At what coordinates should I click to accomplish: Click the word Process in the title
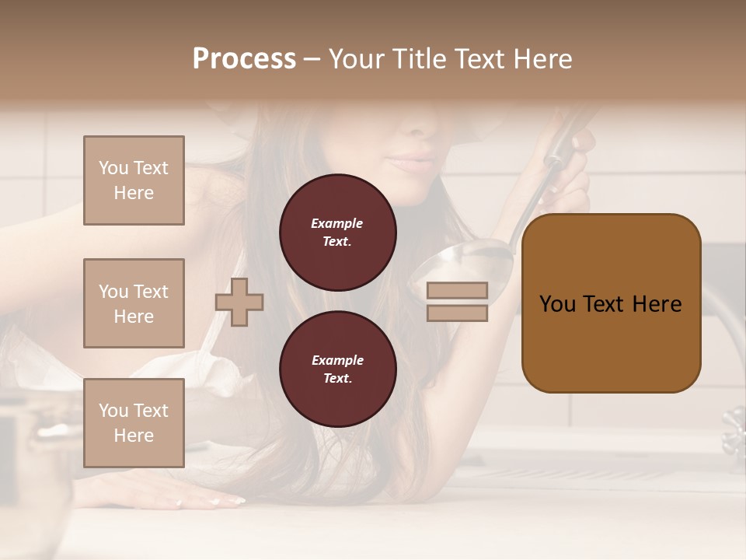[x=244, y=59]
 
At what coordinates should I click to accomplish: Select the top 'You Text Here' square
[x=134, y=180]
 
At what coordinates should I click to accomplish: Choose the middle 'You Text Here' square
[x=134, y=303]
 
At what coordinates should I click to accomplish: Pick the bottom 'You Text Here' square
[x=134, y=423]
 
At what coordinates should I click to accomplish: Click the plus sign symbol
[x=239, y=302]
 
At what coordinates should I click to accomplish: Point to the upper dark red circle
[x=338, y=232]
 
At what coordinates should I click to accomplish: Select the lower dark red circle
[x=338, y=369]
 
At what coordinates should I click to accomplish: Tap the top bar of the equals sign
[x=458, y=290]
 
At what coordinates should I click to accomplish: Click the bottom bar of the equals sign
[x=458, y=313]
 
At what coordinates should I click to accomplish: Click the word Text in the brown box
[x=605, y=304]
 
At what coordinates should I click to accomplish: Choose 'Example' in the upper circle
[x=337, y=223]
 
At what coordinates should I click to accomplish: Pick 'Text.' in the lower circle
[x=337, y=378]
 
